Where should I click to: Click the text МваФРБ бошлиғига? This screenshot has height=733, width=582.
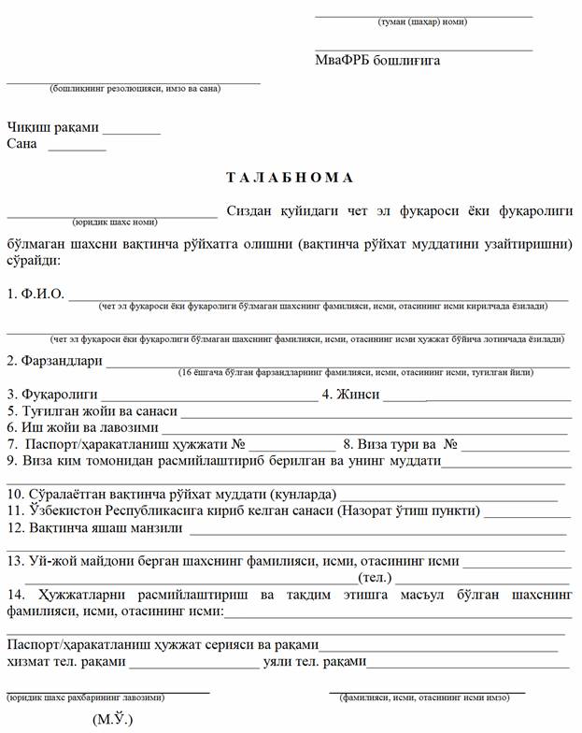[x=377, y=61]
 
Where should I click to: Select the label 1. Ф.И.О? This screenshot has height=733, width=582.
[x=35, y=294]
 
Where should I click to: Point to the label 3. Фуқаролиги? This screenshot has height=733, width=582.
[x=51, y=395]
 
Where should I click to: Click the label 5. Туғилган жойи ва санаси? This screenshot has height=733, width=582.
[x=92, y=410]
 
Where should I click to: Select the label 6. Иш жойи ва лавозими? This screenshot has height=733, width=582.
[x=82, y=426]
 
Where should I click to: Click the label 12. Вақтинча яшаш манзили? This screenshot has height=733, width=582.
[x=94, y=527]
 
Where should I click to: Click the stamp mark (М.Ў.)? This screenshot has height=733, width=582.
[x=113, y=719]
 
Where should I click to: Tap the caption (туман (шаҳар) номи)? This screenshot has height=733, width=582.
[x=422, y=22]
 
